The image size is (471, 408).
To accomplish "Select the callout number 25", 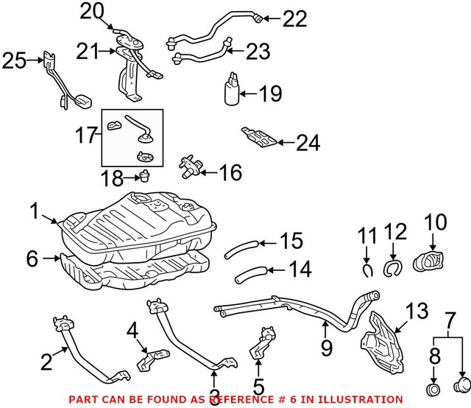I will click(13, 60).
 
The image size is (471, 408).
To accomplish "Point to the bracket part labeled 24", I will click(260, 138).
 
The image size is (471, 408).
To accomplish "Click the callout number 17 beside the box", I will click(88, 136).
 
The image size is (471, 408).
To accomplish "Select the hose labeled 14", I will click(249, 274).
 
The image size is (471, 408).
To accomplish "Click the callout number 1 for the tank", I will click(34, 211).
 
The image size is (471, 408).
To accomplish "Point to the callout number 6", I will click(32, 258).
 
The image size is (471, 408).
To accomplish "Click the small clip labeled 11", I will click(366, 266).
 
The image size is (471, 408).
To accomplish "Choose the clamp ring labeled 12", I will click(392, 267).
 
